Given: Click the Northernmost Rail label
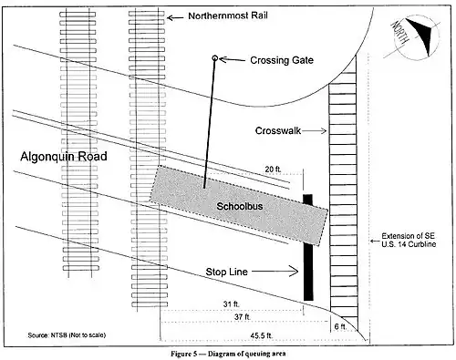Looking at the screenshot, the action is pos(228,15).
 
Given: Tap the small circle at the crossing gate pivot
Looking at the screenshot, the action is pos(214,57).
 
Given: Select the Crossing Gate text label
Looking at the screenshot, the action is pos(282,60).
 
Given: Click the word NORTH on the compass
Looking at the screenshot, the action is pos(399,33).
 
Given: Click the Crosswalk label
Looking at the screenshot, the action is pos(277,130).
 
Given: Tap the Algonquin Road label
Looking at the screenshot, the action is pos(64,157).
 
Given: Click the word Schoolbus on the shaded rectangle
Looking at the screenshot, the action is pos(240,206).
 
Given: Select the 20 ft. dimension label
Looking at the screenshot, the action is pos(273,170).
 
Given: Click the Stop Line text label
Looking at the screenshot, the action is pos(226,272).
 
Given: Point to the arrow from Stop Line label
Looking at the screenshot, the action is pos(275,271).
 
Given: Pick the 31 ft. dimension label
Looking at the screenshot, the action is pos(232,303).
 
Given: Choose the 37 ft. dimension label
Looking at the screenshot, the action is pos(243,317).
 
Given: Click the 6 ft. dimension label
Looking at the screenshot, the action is pos(340,326).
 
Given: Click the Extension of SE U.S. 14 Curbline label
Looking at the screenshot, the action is pos(409,240).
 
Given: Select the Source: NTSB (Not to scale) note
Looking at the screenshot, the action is pos(67,335).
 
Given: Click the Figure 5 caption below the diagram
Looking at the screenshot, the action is pos(228,354).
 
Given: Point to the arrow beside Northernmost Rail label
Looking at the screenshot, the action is pos(175,18).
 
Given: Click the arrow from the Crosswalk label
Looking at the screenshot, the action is pos(315,130).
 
